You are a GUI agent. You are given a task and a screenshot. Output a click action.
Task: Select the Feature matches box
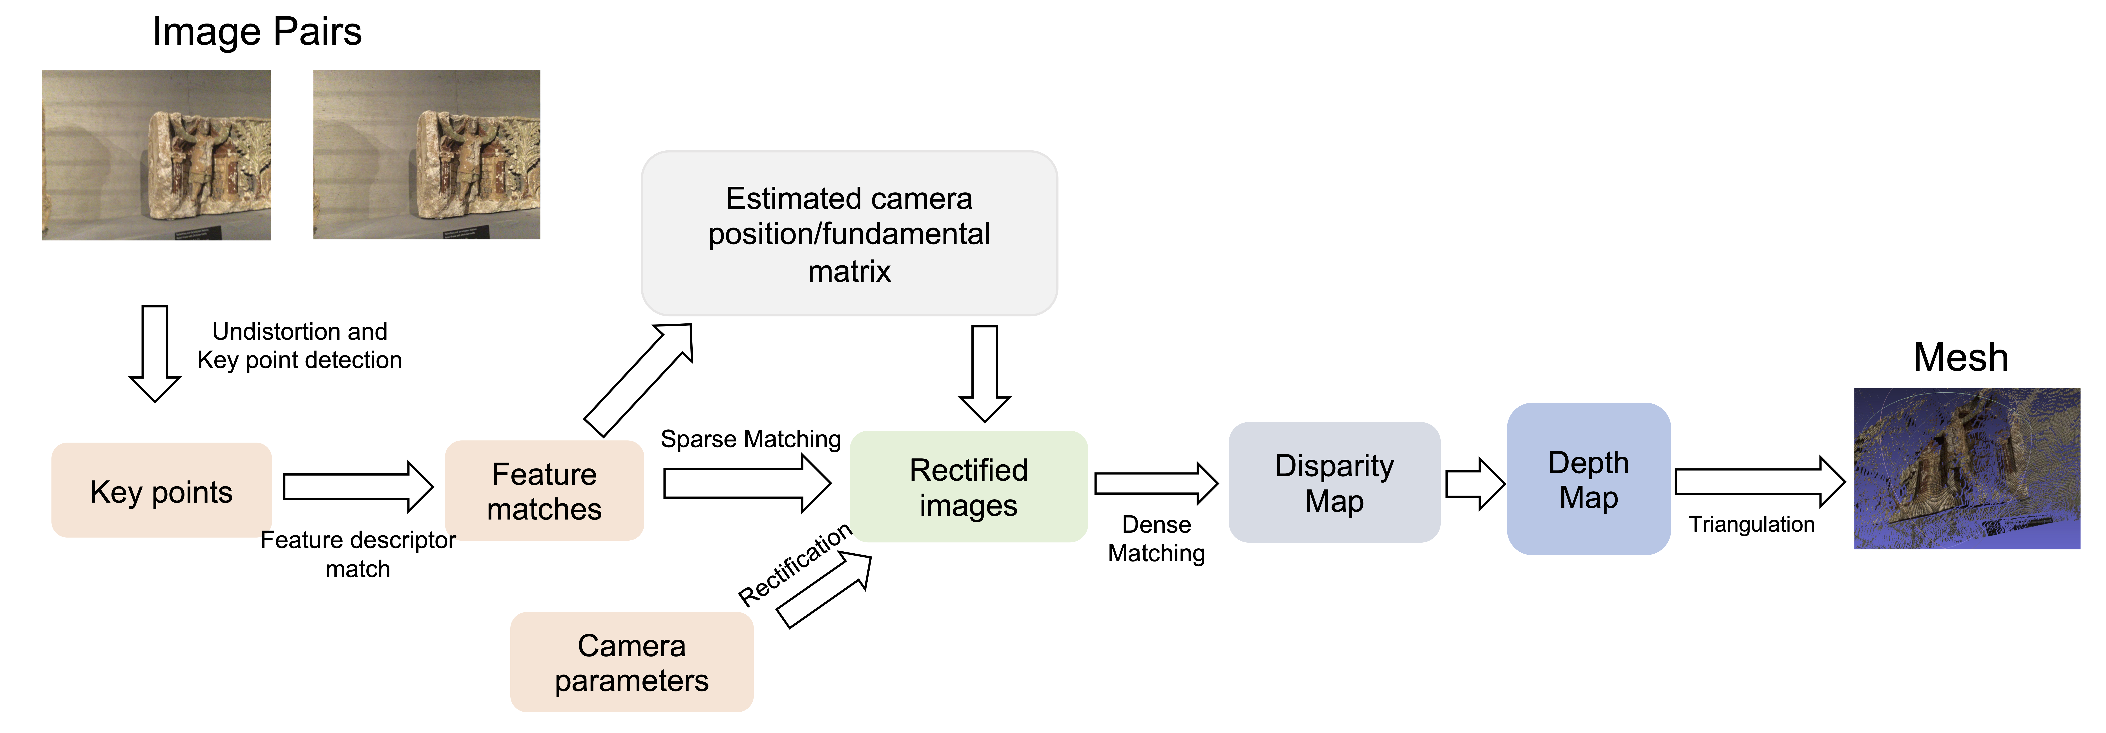tap(544, 490)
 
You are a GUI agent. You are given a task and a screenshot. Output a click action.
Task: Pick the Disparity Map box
tap(1334, 482)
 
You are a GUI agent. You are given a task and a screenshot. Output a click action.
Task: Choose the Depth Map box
tap(1588, 479)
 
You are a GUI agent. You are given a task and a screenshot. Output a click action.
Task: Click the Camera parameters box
tap(632, 662)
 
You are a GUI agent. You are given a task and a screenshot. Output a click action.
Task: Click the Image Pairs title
tap(257, 32)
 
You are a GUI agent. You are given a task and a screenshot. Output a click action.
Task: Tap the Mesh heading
tap(1960, 357)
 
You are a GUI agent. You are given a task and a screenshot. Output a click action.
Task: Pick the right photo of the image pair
tap(427, 154)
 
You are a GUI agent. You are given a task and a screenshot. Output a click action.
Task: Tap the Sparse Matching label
tap(750, 439)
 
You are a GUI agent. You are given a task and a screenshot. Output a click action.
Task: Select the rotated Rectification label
tap(795, 565)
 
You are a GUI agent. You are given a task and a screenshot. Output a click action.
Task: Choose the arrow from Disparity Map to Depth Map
tap(1475, 484)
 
